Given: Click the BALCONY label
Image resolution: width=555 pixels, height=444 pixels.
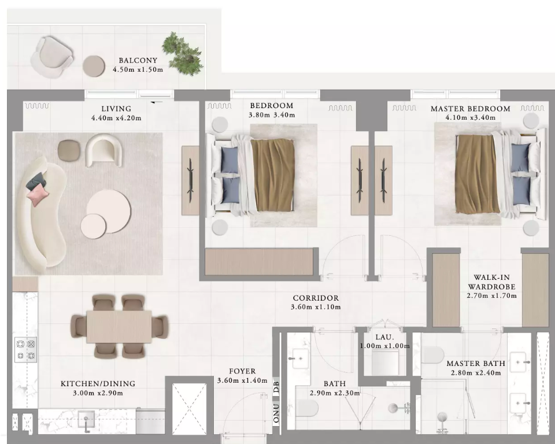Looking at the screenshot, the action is pyautogui.click(x=138, y=61).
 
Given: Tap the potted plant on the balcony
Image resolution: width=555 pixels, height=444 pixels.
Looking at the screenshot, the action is pyautogui.click(x=183, y=53).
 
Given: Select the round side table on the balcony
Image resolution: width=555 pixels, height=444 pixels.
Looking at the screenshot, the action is pyautogui.click(x=94, y=66).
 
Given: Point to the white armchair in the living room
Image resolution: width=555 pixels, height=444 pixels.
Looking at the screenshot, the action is pyautogui.click(x=103, y=150).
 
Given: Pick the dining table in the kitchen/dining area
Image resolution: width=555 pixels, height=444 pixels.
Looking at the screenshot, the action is pyautogui.click(x=119, y=327).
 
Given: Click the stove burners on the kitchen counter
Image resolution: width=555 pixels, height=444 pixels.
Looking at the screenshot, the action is pyautogui.click(x=25, y=349).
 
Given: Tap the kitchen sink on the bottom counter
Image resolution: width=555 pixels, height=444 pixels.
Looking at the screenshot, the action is pyautogui.click(x=86, y=421).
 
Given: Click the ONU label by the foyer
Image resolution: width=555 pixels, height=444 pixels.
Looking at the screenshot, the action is pyautogui.click(x=276, y=413).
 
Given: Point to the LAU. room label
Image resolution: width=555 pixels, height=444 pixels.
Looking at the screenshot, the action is pyautogui.click(x=384, y=338).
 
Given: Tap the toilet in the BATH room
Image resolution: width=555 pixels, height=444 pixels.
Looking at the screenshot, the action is pyautogui.click(x=306, y=408).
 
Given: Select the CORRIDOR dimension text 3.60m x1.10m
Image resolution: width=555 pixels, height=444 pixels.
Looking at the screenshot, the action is pyautogui.click(x=316, y=307).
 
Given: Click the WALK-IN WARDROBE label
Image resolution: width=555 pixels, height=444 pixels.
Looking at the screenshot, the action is pyautogui.click(x=491, y=282).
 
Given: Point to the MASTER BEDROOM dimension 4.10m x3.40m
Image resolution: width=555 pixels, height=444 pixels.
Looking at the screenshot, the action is pyautogui.click(x=471, y=117).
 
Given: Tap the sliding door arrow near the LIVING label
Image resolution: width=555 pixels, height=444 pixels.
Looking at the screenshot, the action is pyautogui.click(x=157, y=102).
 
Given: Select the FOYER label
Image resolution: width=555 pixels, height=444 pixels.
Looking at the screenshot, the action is pyautogui.click(x=242, y=371).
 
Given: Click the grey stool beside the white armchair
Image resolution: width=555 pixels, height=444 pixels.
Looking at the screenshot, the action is pyautogui.click(x=69, y=150).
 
